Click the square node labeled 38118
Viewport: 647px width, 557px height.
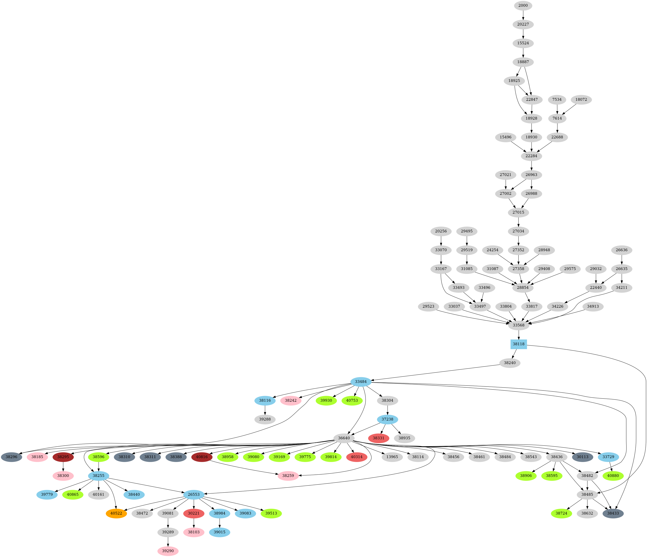[519, 344]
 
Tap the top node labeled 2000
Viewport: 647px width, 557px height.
[523, 6]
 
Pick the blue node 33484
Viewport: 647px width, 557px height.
[361, 381]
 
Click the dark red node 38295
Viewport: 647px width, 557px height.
[63, 457]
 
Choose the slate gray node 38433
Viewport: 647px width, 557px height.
[613, 513]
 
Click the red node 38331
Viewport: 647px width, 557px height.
[378, 438]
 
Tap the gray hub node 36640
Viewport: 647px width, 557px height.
[344, 438]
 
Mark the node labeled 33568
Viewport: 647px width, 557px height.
[519, 325]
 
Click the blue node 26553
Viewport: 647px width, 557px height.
[194, 495]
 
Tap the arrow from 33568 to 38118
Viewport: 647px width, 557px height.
[519, 335]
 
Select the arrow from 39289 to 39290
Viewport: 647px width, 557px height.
[168, 541]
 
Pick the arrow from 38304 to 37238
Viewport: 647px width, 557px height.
[387, 410]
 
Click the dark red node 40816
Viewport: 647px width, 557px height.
[202, 457]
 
